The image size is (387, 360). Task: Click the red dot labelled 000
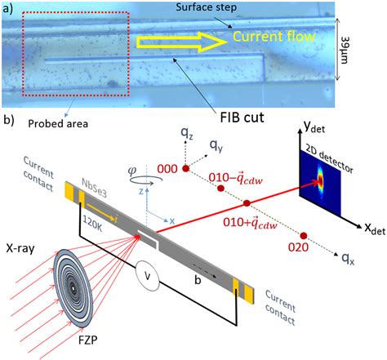click(185, 167)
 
